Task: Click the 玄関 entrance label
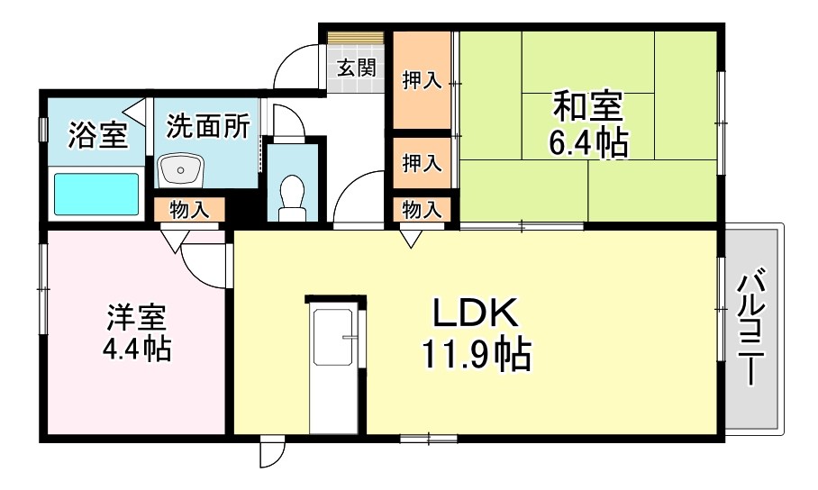[357, 67]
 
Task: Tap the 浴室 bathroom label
[97, 135]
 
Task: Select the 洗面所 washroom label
[206, 126]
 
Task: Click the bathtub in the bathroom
[96, 194]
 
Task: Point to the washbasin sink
[182, 169]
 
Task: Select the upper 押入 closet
[421, 81]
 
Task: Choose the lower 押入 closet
[421, 163]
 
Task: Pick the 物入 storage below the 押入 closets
[421, 210]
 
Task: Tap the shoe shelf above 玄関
[357, 39]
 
